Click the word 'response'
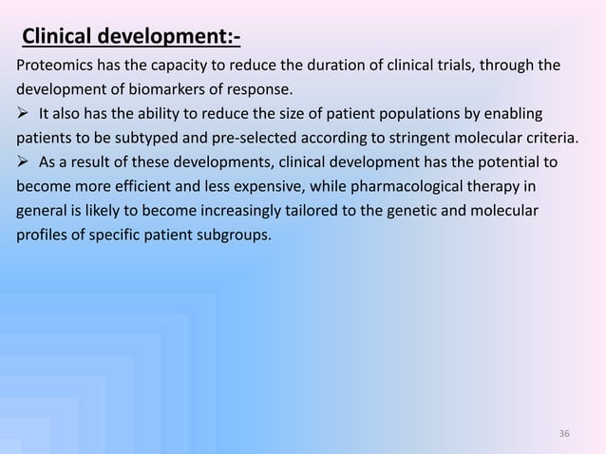pyautogui.click(x=264, y=91)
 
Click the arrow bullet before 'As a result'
pyautogui.click(x=23, y=161)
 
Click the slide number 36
pyautogui.click(x=564, y=434)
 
